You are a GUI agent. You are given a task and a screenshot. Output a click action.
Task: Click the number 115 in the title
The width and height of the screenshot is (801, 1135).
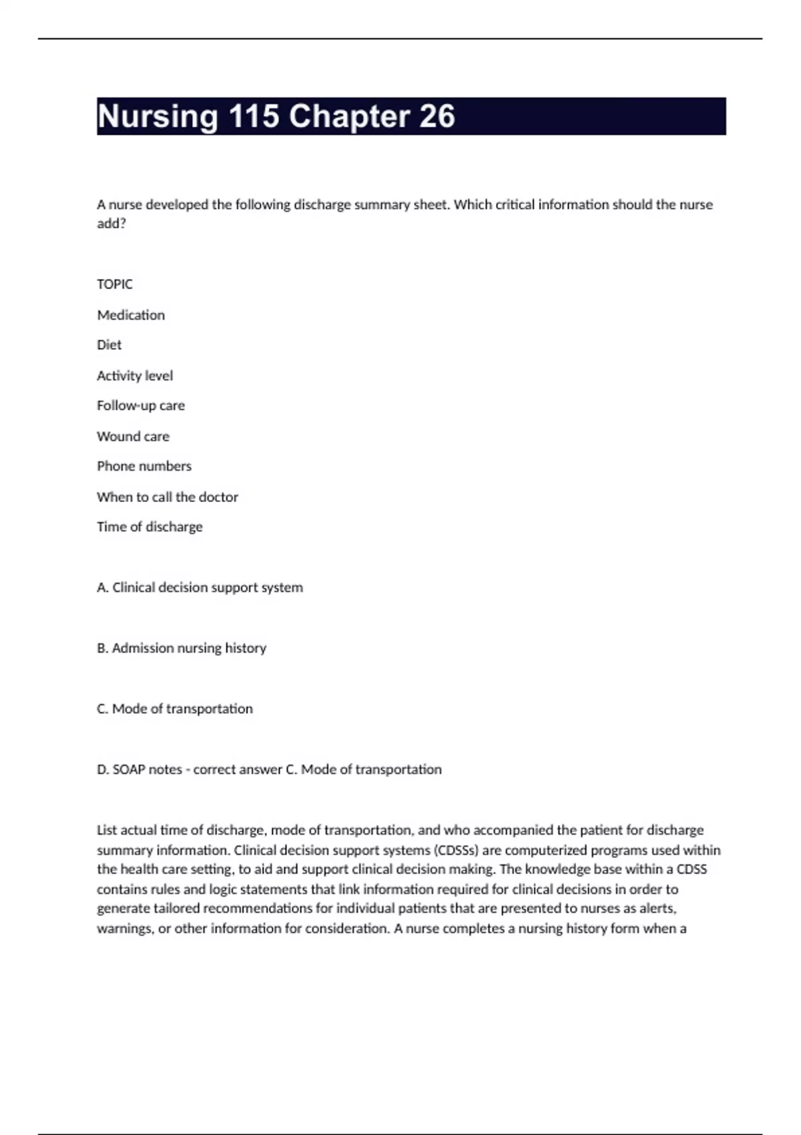pos(254,116)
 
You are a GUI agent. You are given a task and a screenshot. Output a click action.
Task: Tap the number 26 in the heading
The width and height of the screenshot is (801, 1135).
pos(437,116)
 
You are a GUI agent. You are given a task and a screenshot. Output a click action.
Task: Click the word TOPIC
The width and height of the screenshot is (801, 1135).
pos(115,284)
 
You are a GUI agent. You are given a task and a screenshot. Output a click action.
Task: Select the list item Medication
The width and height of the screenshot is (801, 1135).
pos(131,315)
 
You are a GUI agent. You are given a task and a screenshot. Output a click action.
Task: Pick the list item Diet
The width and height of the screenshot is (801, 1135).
pos(109,345)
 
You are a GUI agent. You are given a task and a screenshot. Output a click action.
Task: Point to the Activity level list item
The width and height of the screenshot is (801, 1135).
pos(135,376)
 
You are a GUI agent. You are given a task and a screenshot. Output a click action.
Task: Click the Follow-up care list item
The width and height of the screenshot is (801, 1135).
pos(141,406)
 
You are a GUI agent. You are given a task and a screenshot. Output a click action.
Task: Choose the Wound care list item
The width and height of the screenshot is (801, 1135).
pos(133,437)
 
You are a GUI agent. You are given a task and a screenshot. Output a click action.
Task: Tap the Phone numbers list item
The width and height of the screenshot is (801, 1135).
pos(144,466)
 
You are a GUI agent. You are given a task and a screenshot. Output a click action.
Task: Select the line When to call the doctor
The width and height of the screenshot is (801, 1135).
pos(168,497)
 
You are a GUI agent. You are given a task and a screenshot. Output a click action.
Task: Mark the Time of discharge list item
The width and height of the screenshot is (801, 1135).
pos(150,527)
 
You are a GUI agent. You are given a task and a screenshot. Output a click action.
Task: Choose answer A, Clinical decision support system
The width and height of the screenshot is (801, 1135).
pos(200,588)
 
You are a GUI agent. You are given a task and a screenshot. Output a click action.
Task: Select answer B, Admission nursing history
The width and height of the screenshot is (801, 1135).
pos(182,648)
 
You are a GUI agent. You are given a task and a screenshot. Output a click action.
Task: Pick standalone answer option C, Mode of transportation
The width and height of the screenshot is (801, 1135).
pos(175,709)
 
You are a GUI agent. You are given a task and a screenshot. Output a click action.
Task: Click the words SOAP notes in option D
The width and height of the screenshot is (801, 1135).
pos(147,770)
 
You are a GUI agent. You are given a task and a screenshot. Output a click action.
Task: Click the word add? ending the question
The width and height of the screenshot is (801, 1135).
pos(111,224)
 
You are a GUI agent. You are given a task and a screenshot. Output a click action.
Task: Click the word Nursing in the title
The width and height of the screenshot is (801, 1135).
pos(158,116)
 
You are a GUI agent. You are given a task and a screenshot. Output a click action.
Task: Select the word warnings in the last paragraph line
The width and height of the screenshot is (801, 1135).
pos(124,929)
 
